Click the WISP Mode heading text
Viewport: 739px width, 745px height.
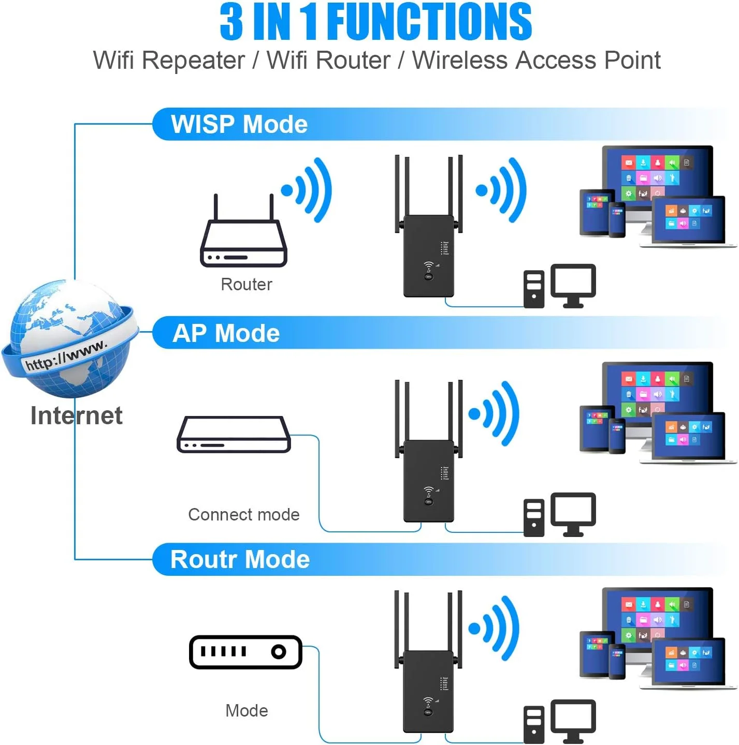click(x=239, y=125)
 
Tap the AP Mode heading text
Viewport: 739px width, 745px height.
click(x=226, y=333)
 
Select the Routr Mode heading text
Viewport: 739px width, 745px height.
click(x=240, y=560)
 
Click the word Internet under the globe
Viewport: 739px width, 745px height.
click(x=77, y=415)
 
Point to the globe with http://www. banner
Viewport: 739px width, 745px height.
click(x=70, y=339)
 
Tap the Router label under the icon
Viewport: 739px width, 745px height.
click(x=246, y=285)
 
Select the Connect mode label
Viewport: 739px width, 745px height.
click(x=243, y=515)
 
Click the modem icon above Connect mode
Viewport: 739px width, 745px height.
click(x=234, y=435)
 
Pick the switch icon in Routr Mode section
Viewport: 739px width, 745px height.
click(x=245, y=652)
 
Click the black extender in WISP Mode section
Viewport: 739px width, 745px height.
click(x=428, y=256)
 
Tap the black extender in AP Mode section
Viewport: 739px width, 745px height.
click(x=428, y=481)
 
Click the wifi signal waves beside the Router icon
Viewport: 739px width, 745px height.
click(x=308, y=190)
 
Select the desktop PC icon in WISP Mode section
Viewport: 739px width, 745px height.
click(x=560, y=286)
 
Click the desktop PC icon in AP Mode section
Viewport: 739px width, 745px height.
click(x=560, y=515)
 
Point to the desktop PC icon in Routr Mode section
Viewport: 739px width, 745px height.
click(x=560, y=722)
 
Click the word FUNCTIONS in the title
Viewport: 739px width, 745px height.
click(x=429, y=22)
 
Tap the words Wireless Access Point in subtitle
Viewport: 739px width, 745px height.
click(x=536, y=60)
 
